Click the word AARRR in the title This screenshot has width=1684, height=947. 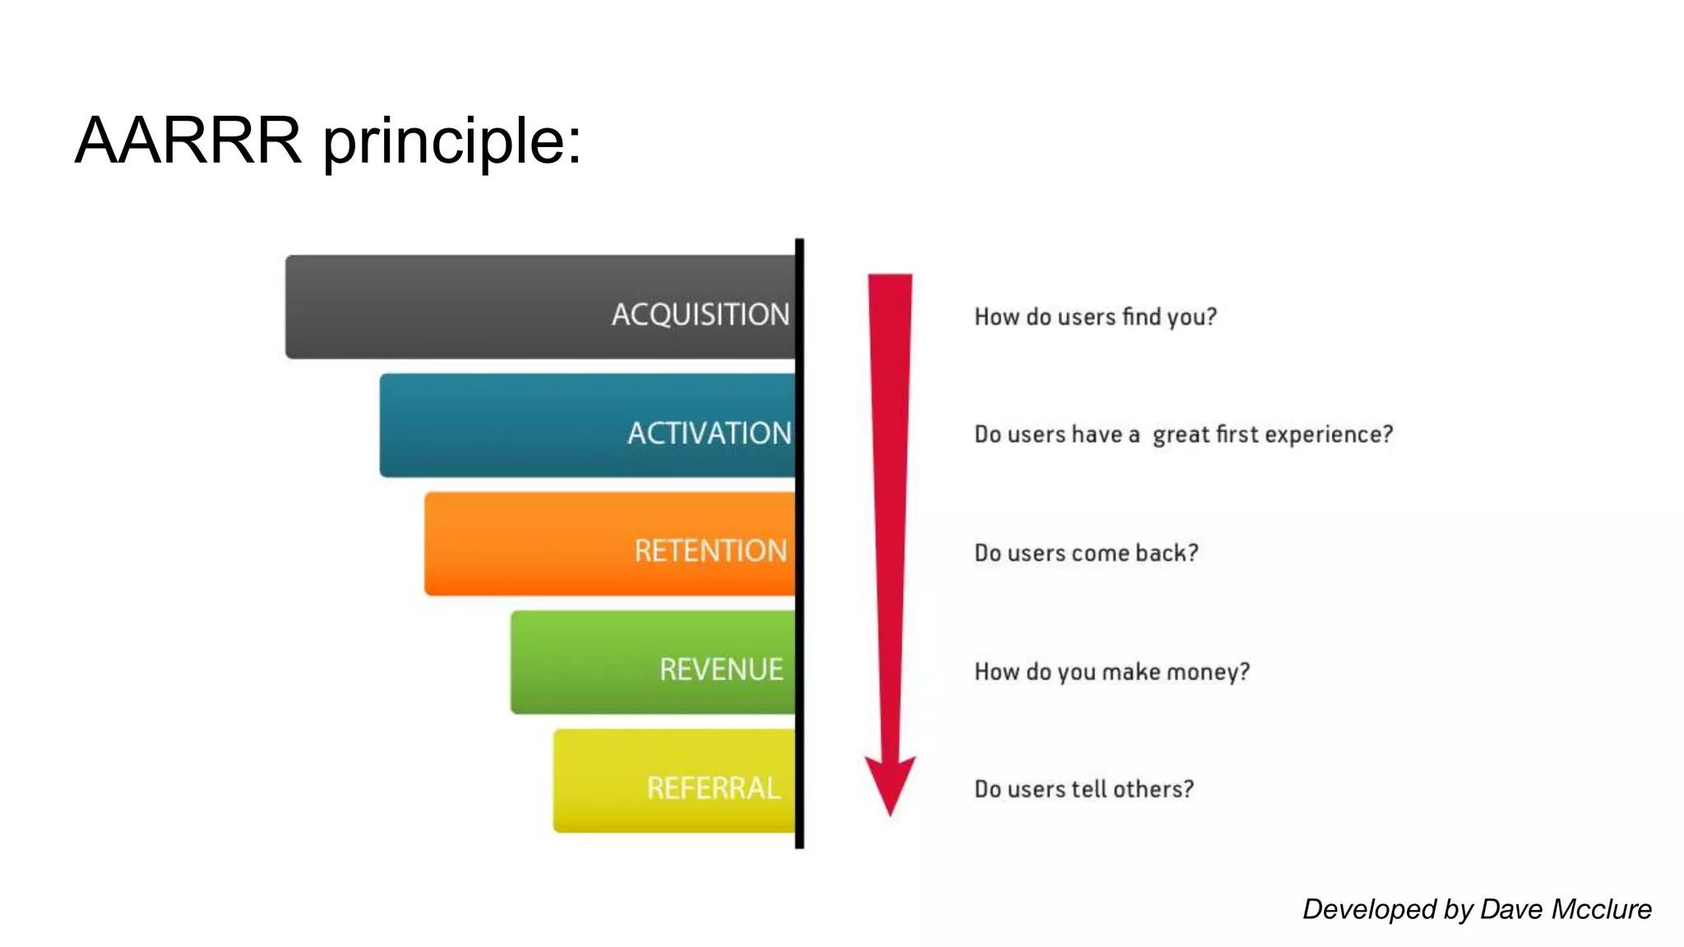(188, 141)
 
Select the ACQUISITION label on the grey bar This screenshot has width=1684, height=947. (700, 314)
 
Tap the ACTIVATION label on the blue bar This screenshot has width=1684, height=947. (709, 432)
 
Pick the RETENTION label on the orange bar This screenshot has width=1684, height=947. (710, 550)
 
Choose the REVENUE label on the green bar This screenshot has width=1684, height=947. (721, 669)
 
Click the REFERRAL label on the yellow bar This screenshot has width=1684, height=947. (713, 788)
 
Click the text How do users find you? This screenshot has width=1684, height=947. (1095, 316)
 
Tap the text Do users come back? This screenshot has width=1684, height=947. (1086, 552)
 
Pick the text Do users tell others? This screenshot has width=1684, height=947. (1084, 789)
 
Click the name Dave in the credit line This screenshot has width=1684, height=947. (1511, 909)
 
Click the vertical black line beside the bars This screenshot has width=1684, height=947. (799, 543)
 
